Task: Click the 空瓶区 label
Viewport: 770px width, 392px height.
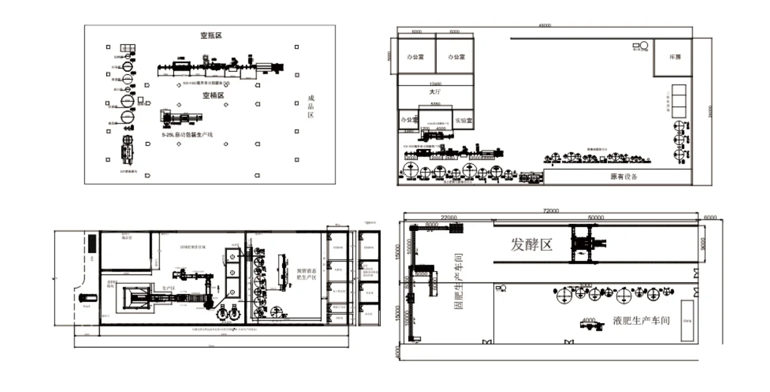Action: [211, 36]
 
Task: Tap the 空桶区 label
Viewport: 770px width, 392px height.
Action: [213, 95]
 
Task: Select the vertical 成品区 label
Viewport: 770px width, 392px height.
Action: [310, 106]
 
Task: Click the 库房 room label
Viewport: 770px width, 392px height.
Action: [674, 58]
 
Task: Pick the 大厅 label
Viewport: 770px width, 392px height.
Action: [436, 92]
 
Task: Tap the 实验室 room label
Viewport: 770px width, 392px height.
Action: [463, 121]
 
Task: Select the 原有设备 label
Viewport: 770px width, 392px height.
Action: [624, 176]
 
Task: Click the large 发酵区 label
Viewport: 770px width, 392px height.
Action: [532, 244]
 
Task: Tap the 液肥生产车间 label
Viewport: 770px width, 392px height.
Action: [641, 321]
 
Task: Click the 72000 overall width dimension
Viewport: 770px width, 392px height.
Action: [551, 211]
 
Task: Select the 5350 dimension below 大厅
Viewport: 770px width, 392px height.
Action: [436, 103]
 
